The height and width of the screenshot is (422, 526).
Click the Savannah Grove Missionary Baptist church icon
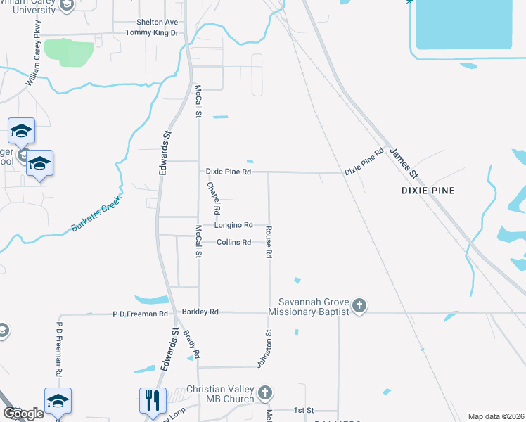[359, 305]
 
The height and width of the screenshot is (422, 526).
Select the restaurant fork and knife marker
[153, 400]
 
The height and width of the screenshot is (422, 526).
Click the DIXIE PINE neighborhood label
[428, 191]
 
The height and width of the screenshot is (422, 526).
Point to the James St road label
[404, 163]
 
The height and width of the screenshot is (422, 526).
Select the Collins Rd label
[233, 243]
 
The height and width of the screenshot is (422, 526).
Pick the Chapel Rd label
[214, 199]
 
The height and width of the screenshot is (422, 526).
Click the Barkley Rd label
[200, 312]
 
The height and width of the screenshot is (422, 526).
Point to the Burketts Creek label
[96, 214]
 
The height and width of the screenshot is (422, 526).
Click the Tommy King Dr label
[152, 33]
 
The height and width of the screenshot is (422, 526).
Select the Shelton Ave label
[158, 23]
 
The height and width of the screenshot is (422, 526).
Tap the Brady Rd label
[191, 343]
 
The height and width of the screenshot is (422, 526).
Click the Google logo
[23, 414]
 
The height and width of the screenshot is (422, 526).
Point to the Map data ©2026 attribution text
[496, 416]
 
